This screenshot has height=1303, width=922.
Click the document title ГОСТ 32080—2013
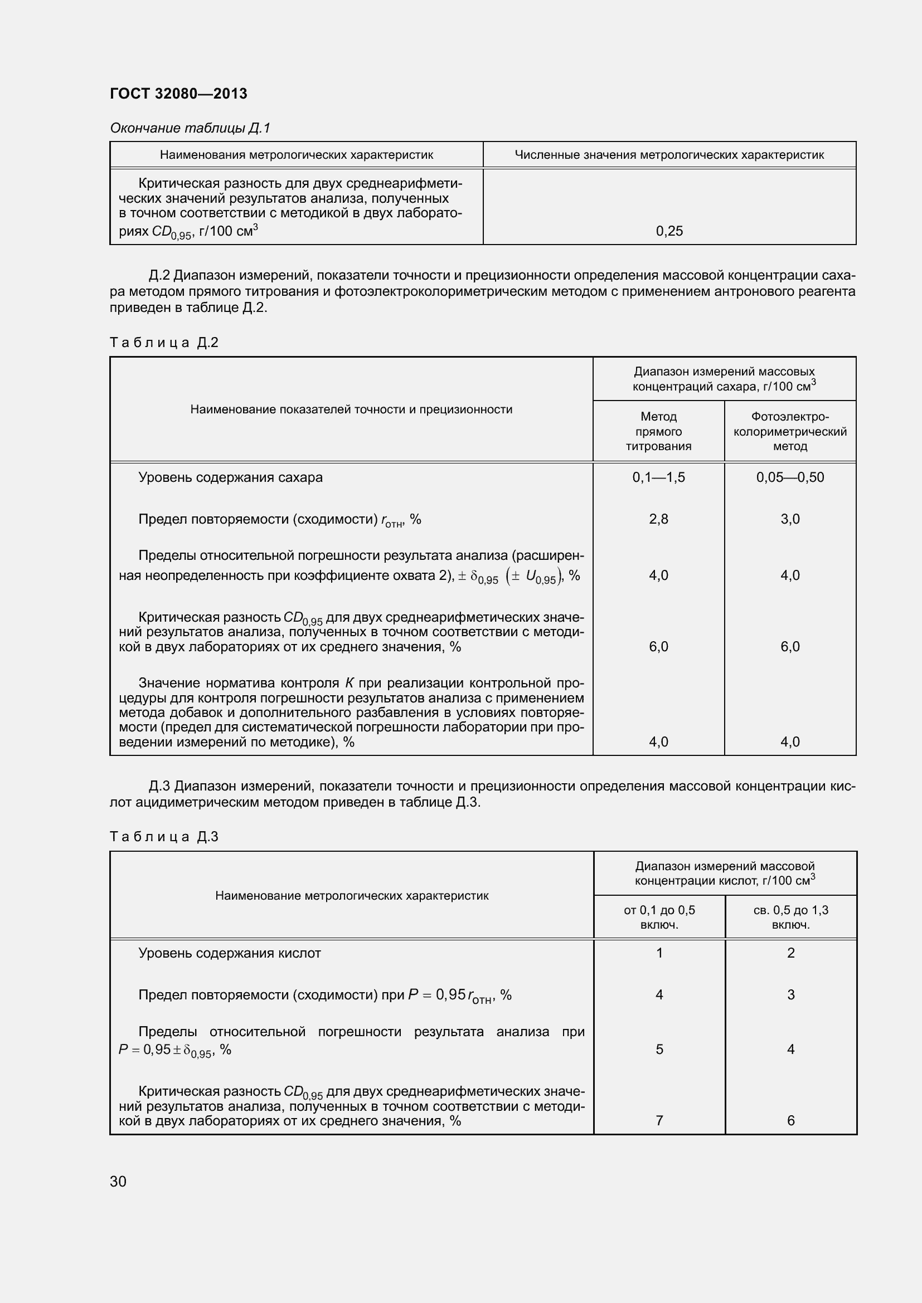(x=178, y=94)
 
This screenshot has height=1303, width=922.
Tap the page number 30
(x=118, y=1181)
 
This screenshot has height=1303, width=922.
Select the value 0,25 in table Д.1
(x=669, y=231)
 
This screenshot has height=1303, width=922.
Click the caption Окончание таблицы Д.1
(x=190, y=128)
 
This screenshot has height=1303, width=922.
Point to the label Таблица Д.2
(x=163, y=342)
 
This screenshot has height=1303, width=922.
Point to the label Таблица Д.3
(x=163, y=837)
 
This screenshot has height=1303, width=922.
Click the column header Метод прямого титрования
(x=658, y=431)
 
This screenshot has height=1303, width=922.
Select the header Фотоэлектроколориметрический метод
(x=789, y=431)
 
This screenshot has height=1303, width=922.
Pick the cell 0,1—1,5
(x=658, y=477)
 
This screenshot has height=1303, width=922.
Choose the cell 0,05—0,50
(x=789, y=477)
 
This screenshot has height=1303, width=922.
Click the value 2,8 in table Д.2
(x=658, y=519)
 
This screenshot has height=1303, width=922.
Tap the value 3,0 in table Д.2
(x=789, y=519)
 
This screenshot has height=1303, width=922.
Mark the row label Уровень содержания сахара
(x=230, y=477)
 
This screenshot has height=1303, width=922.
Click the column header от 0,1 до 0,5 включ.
(x=658, y=917)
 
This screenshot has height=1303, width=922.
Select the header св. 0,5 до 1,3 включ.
(x=790, y=917)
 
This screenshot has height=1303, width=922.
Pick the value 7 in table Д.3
(x=658, y=1120)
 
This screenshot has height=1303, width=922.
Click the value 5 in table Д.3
(x=658, y=1050)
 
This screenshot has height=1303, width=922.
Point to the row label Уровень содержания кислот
(x=229, y=953)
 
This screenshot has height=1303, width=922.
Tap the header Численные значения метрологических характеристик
(x=669, y=155)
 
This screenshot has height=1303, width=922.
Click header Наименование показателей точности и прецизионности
(x=351, y=409)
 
